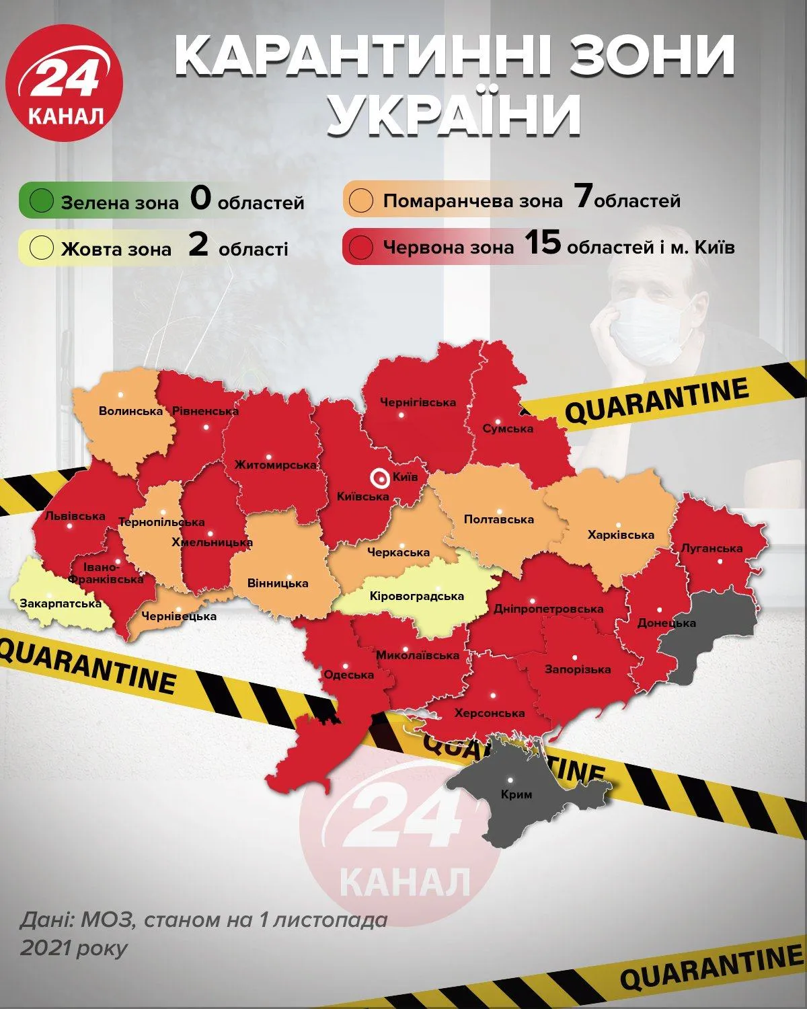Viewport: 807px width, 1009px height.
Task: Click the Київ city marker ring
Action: pyautogui.click(x=380, y=478)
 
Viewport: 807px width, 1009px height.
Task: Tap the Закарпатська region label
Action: pyautogui.click(x=61, y=603)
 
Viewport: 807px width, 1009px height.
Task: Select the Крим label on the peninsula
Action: pyautogui.click(x=516, y=794)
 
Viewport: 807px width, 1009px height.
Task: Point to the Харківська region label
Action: pyautogui.click(x=621, y=535)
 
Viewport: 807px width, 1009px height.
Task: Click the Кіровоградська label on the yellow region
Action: pyautogui.click(x=417, y=596)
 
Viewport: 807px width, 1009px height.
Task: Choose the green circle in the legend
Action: pyautogui.click(x=42, y=201)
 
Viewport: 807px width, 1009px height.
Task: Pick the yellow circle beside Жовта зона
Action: pyautogui.click(x=42, y=248)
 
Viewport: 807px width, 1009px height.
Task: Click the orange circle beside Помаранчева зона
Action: pyautogui.click(x=362, y=201)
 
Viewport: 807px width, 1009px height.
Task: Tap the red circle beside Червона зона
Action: pyautogui.click(x=362, y=248)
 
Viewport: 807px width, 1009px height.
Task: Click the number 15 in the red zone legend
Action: pyautogui.click(x=542, y=244)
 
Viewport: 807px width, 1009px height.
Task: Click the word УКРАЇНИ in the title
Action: pyautogui.click(x=455, y=114)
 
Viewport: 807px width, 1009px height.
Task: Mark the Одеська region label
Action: pyautogui.click(x=348, y=675)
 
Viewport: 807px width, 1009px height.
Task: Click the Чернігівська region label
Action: pyautogui.click(x=418, y=402)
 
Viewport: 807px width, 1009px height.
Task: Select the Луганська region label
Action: pyautogui.click(x=712, y=548)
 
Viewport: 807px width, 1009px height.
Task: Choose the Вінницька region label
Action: pyautogui.click(x=278, y=583)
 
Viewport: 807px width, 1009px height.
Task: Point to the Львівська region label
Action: pyautogui.click(x=75, y=517)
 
